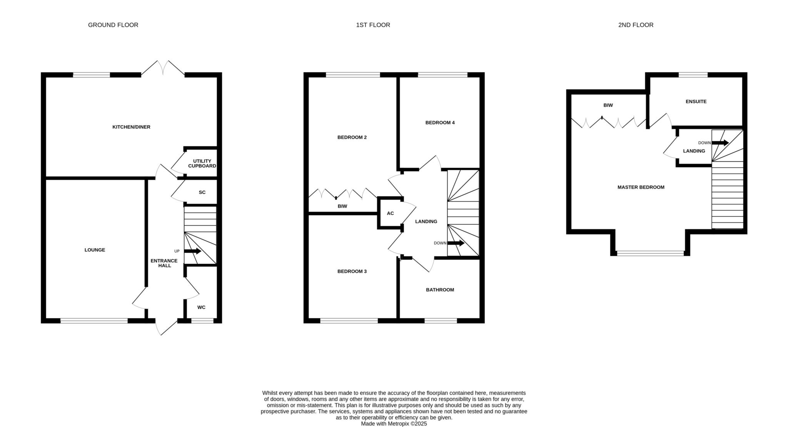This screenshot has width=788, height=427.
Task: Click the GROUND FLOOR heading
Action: coord(113,25)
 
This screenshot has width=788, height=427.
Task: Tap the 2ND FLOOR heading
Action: coord(636,25)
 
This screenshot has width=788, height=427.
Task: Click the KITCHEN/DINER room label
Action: coord(131,127)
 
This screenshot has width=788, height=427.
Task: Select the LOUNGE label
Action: coord(95,250)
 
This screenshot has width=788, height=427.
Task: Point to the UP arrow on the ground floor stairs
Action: coord(193,251)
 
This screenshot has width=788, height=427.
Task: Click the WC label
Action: coord(201,307)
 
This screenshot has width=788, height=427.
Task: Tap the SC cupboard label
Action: coord(202,192)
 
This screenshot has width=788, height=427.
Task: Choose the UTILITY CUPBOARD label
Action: coord(202,163)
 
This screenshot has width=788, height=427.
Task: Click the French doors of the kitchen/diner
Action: coord(163,68)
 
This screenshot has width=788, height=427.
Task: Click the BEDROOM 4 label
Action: coord(440,123)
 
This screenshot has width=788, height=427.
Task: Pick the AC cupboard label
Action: coord(390,213)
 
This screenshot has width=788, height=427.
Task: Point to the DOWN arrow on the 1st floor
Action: coord(456,243)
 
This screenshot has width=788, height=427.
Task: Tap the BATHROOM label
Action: coord(440,290)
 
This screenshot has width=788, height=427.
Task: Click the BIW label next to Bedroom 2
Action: coord(342,206)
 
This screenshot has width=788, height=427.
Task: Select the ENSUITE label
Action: coord(696,101)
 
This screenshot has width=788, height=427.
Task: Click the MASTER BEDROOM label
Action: coord(641,187)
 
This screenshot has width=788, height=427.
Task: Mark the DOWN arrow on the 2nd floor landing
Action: coord(720,143)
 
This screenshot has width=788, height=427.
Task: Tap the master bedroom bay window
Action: coord(650,253)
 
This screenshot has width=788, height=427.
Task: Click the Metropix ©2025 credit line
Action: coord(394,424)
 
